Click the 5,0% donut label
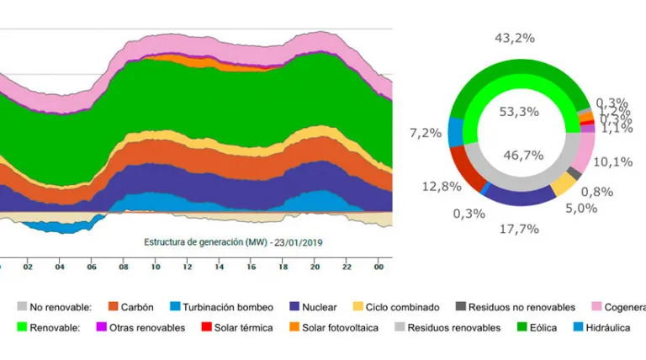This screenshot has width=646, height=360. (x=597, y=209)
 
